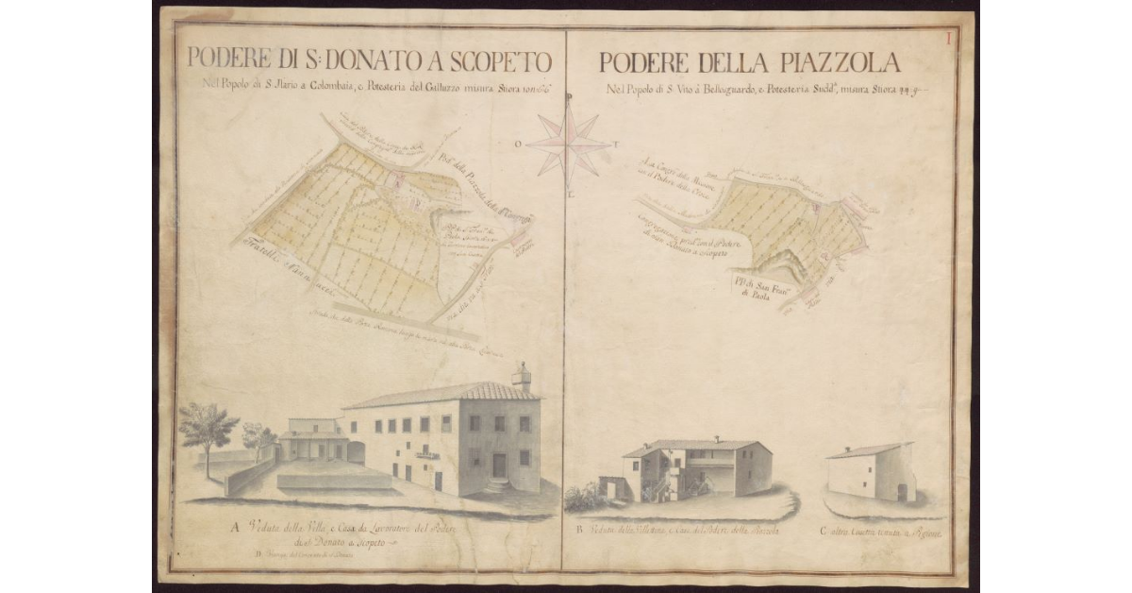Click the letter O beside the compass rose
[x=518, y=144]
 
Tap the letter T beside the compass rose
[x=615, y=145]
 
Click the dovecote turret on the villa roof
[x=521, y=376]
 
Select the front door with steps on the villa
[x=499, y=466]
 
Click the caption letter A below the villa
[x=231, y=529]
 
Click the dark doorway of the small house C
[x=901, y=492]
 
